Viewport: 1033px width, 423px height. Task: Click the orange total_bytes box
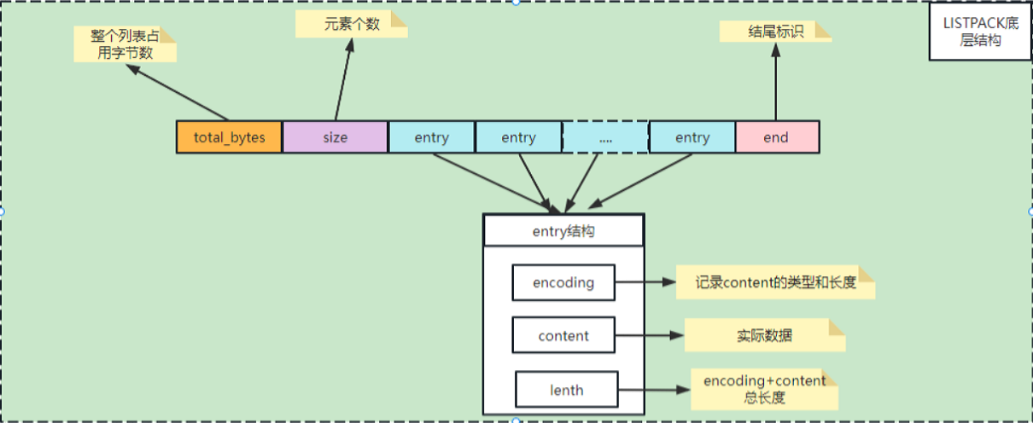(x=229, y=137)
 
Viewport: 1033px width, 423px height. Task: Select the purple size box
(x=335, y=137)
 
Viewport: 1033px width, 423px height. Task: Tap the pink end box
(x=777, y=137)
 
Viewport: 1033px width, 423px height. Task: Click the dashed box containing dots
(x=605, y=137)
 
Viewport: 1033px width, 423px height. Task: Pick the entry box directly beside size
(x=431, y=137)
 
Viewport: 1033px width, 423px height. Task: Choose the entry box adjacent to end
(x=692, y=137)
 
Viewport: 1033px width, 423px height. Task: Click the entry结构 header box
(x=563, y=230)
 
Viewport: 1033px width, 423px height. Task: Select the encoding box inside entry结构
(x=563, y=282)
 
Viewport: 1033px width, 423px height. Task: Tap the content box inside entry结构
(x=563, y=335)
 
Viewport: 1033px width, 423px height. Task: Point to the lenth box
(x=566, y=390)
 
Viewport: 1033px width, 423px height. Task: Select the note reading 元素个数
(x=351, y=23)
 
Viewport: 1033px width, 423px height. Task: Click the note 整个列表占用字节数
(x=125, y=44)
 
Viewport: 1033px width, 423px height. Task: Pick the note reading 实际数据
(x=764, y=335)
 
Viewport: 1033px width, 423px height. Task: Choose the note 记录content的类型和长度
(x=775, y=282)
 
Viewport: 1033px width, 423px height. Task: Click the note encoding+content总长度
(x=764, y=390)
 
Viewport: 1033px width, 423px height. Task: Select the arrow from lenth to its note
(x=653, y=390)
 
